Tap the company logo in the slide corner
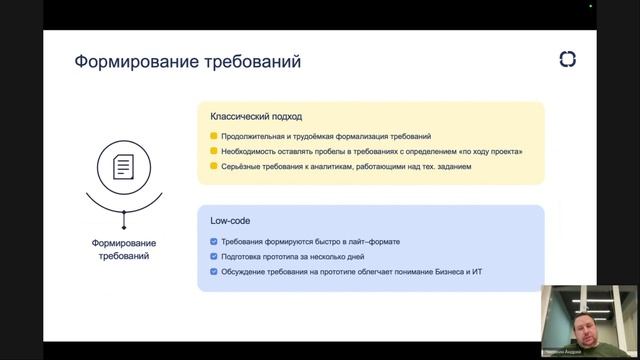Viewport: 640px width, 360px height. coord(567,60)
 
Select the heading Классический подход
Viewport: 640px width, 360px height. coord(250,116)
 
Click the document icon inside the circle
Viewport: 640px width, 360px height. coord(123,166)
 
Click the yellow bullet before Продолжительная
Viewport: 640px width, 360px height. coord(214,136)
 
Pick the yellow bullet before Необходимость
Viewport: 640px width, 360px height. coord(214,151)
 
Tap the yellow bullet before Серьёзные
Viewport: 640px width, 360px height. coord(214,166)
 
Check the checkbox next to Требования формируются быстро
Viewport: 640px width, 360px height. coord(214,242)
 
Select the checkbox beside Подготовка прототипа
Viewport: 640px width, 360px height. coord(214,257)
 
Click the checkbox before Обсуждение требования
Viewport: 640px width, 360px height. coord(214,272)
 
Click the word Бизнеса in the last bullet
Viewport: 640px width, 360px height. coord(429,272)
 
